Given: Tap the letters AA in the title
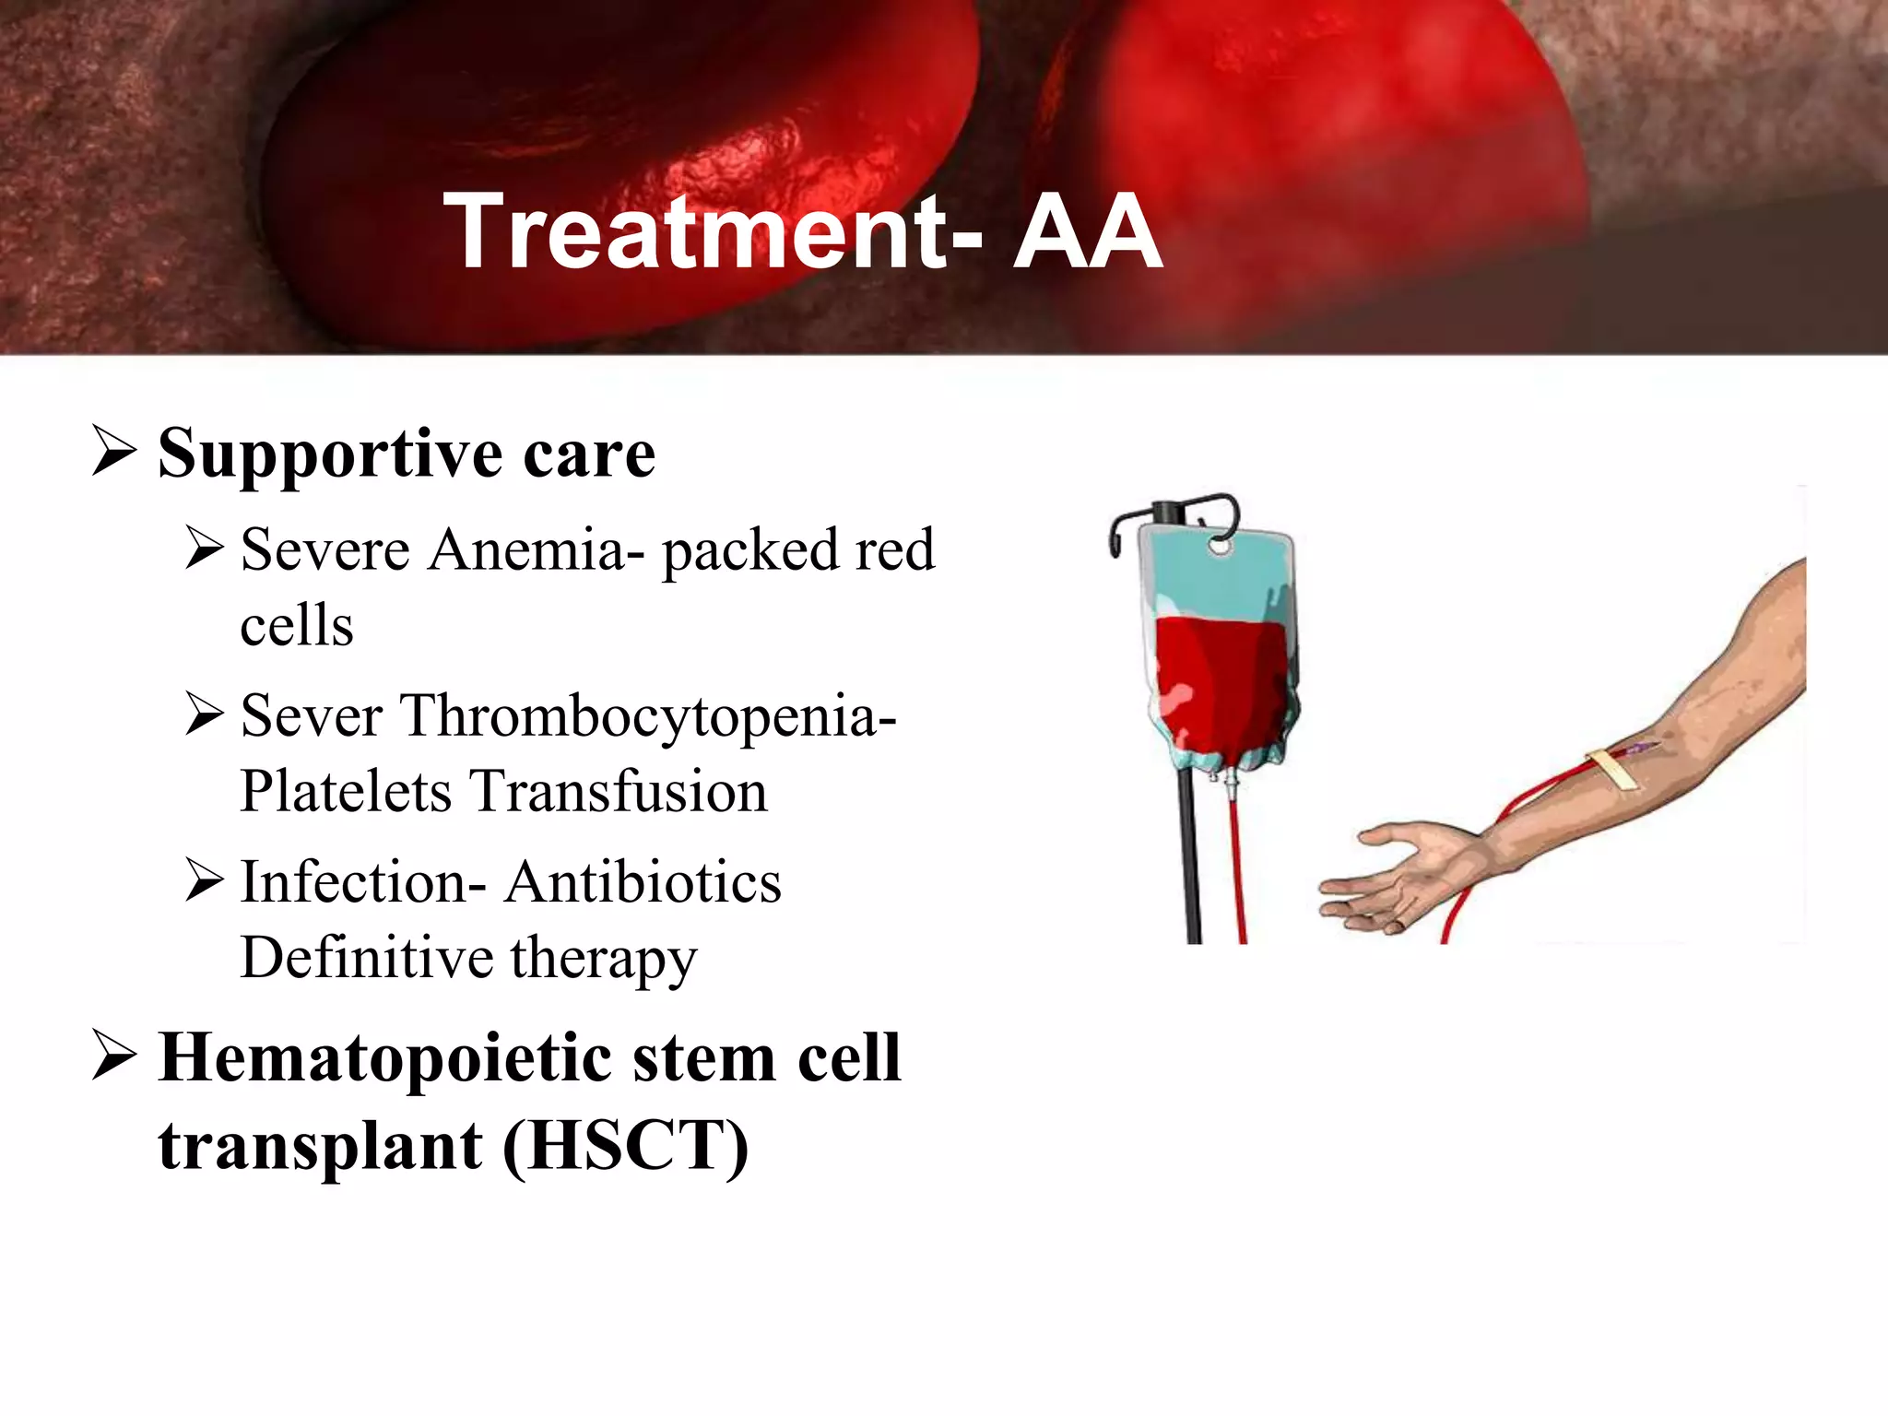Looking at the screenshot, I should pyautogui.click(x=1088, y=231).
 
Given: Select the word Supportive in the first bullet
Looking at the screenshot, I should pyautogui.click(x=329, y=454).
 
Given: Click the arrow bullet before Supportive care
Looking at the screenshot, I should pyautogui.click(x=114, y=451).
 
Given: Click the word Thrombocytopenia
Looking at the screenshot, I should pyautogui.click(x=647, y=715).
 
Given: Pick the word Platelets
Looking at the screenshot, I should pyautogui.click(x=346, y=792).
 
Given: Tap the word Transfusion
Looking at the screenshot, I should pyautogui.click(x=619, y=792).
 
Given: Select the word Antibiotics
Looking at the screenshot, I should pyautogui.click(x=643, y=882).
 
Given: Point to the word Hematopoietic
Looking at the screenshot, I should pyautogui.click(x=384, y=1058).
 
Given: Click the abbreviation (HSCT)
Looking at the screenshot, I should pyautogui.click(x=626, y=1146).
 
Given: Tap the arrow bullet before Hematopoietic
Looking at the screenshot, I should pyautogui.click(x=114, y=1056).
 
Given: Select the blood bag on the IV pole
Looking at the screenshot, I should pyautogui.click(x=1219, y=655).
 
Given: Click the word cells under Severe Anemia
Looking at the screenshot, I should pyautogui.click(x=297, y=626).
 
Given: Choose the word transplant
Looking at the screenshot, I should pyautogui.click(x=320, y=1146).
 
